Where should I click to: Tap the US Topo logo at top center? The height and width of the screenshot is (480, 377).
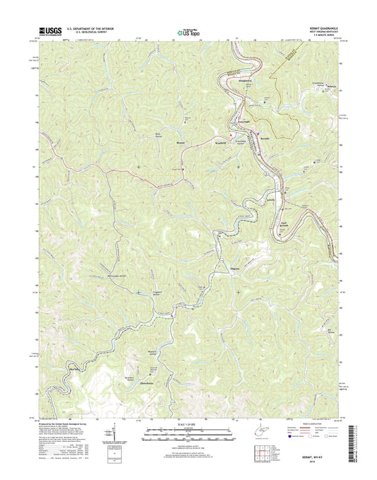coord(187,31)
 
